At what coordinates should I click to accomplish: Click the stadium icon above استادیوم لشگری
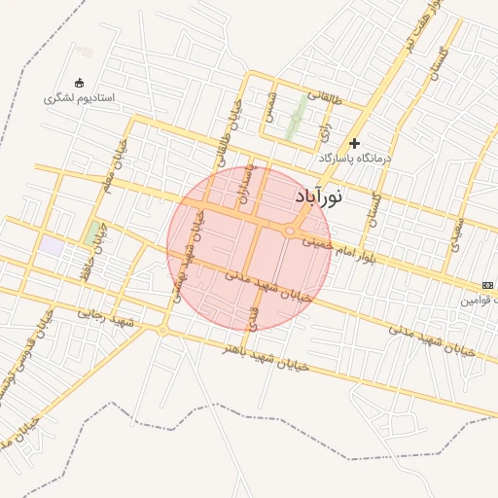coord(79,83)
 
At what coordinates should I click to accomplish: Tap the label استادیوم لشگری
coord(80,99)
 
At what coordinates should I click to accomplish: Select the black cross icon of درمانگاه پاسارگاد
coord(354,143)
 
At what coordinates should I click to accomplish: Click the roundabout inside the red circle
coord(291,231)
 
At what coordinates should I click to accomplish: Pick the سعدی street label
coord(457,231)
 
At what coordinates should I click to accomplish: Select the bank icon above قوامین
coord(486,285)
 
